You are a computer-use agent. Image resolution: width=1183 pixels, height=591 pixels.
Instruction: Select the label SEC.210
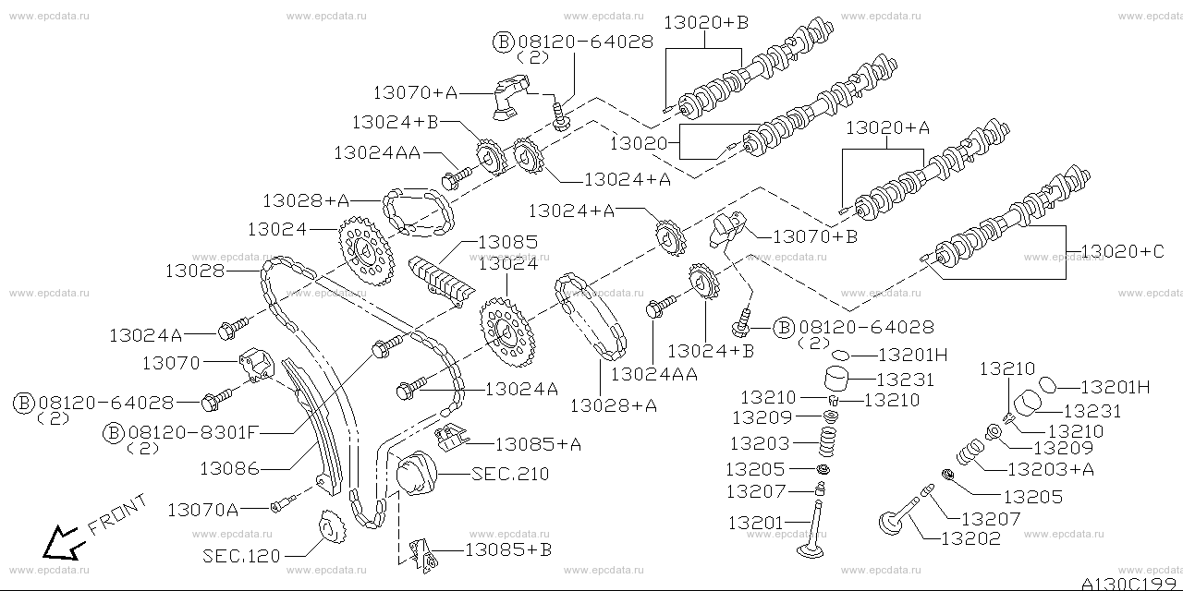[509, 474]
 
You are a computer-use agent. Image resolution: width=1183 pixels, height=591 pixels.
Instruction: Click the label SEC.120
[240, 556]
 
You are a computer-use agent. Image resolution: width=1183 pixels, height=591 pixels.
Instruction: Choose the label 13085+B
[507, 549]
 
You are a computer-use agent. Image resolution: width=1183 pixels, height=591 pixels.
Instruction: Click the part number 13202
[969, 538]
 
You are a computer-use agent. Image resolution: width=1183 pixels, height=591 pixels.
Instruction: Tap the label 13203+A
[1050, 469]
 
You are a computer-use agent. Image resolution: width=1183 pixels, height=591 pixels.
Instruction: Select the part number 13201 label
[755, 523]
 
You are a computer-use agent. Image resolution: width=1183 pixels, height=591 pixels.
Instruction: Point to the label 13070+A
[415, 92]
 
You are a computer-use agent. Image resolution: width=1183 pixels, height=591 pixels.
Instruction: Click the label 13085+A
[537, 444]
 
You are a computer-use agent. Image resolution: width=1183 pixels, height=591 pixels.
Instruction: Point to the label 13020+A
[886, 128]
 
